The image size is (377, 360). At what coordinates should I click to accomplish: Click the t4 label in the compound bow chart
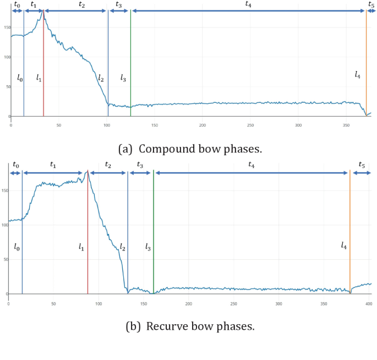coord(249,4)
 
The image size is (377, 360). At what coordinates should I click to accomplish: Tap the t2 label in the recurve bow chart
coord(108,165)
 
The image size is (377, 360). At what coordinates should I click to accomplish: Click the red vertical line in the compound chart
coord(43,66)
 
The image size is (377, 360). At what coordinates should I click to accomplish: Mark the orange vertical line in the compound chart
coord(366,61)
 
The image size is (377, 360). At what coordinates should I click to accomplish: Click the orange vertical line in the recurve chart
coord(349,231)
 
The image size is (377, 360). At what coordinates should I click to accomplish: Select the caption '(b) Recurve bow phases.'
coord(190,326)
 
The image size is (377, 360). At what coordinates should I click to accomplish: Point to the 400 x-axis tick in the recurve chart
coord(368,303)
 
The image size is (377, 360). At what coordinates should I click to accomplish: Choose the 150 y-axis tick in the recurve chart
coord(4,190)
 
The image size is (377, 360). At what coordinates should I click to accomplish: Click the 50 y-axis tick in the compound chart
coord(6,86)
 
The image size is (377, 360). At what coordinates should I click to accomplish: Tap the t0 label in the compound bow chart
coord(17,4)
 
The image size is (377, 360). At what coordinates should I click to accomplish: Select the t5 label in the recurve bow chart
coord(362,165)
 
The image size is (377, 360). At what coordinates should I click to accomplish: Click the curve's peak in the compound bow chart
coord(42,10)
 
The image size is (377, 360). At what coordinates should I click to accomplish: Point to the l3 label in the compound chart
coord(123,79)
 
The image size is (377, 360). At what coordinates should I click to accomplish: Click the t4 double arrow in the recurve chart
coord(252,173)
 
